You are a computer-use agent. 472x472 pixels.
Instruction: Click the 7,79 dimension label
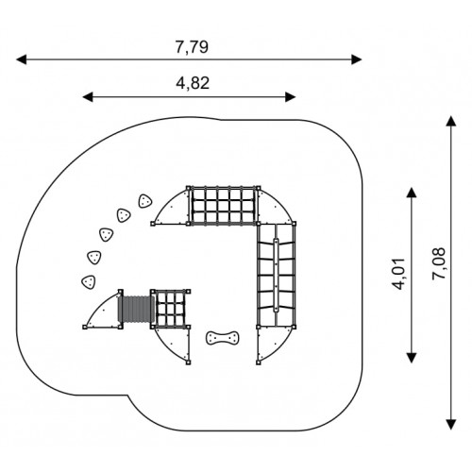click(x=192, y=47)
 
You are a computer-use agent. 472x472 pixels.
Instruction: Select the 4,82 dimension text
click(x=193, y=83)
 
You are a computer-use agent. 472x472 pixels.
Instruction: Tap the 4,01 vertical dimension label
click(x=397, y=274)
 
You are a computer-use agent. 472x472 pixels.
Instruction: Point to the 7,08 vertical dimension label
click(x=439, y=263)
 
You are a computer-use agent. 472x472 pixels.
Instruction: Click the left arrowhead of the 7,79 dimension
click(x=22, y=59)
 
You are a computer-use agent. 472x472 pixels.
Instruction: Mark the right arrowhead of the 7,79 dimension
click(x=357, y=59)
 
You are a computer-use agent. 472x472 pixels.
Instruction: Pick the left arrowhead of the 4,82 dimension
click(x=88, y=97)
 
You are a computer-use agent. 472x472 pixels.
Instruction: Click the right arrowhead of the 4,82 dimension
click(x=290, y=97)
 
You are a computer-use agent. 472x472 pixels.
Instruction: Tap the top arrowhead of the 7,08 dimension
click(x=451, y=121)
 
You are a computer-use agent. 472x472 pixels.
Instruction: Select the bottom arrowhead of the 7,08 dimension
click(x=451, y=425)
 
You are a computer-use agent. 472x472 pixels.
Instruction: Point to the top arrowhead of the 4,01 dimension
click(x=412, y=193)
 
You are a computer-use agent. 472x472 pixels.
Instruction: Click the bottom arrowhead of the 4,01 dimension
click(x=412, y=358)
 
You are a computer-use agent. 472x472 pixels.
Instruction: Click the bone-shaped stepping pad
click(x=223, y=338)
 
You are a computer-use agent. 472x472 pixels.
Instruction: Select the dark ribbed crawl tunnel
click(x=136, y=310)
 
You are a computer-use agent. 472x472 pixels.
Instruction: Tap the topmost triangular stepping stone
click(x=145, y=201)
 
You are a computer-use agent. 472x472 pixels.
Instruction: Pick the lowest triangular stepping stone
click(x=89, y=282)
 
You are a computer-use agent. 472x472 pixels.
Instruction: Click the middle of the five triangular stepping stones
click(x=107, y=235)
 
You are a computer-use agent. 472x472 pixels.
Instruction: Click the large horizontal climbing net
click(x=223, y=206)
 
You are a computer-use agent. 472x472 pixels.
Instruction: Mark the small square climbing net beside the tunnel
click(x=170, y=309)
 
